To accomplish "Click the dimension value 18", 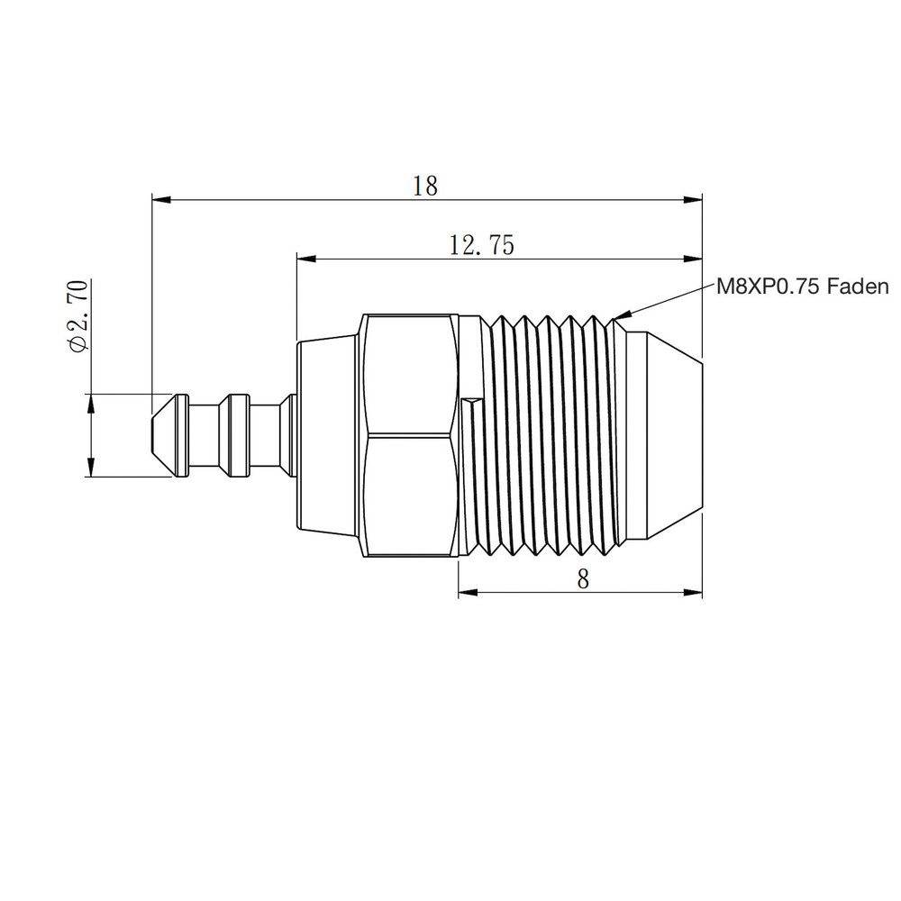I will [424, 187].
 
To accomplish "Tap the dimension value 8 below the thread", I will [583, 579].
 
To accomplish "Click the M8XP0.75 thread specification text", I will [769, 287].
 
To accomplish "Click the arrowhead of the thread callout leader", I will [618, 316].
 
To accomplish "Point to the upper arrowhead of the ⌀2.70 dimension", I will [90, 404].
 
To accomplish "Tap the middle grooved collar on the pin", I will [237, 435].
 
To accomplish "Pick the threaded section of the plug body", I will [550, 437].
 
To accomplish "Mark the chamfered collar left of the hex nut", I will [329, 437].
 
